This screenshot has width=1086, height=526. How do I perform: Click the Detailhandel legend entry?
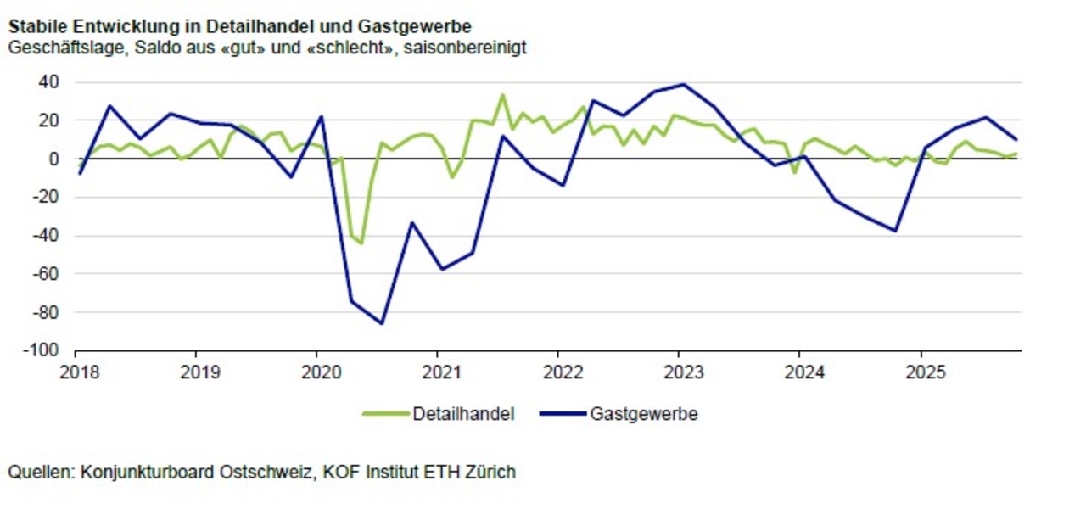[x=463, y=414]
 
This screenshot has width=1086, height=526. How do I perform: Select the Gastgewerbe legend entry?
[x=643, y=414]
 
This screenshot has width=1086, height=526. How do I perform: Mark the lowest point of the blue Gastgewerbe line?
[x=382, y=323]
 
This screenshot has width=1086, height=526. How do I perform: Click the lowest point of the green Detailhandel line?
[x=361, y=243]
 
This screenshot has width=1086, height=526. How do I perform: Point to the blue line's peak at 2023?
[x=683, y=84]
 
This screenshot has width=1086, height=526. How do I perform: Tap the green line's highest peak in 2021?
[x=502, y=95]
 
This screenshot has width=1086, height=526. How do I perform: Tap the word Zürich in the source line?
[x=490, y=472]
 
